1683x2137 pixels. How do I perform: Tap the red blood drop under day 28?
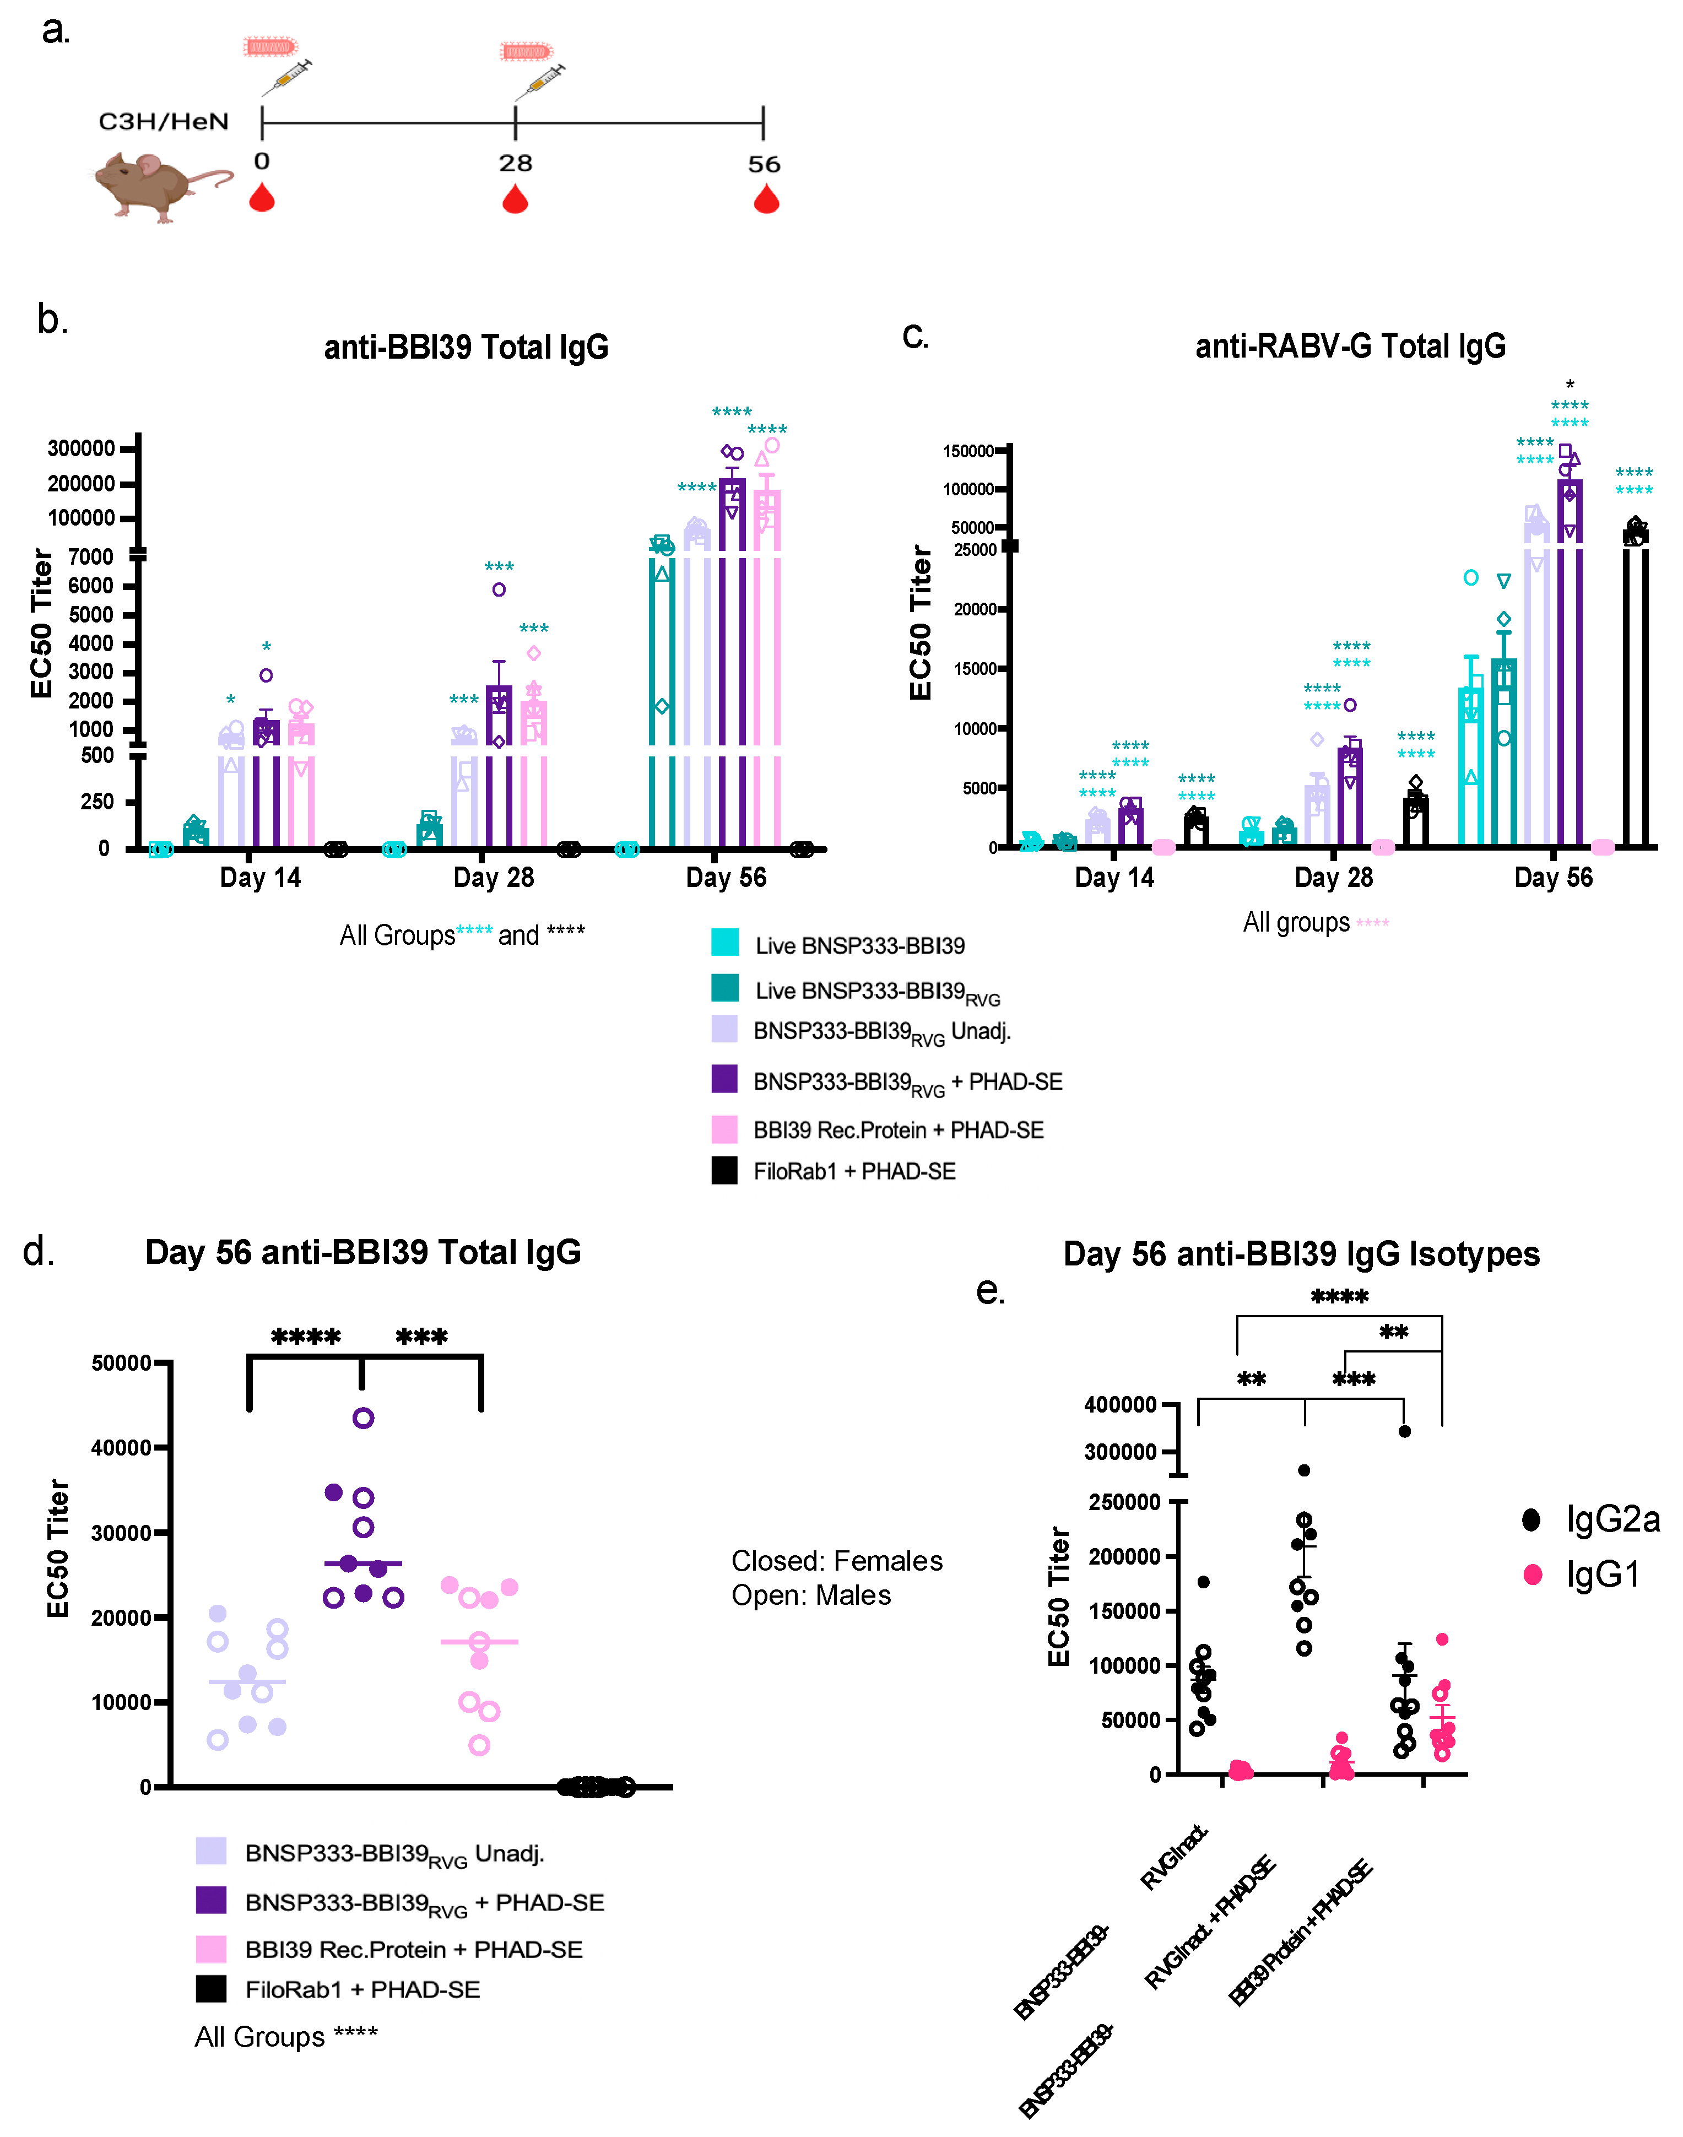515,200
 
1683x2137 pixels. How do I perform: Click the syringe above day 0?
286,77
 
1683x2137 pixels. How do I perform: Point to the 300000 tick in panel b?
82,448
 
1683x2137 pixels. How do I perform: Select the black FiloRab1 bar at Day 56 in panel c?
1635,690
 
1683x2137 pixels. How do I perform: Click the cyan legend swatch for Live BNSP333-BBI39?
725,943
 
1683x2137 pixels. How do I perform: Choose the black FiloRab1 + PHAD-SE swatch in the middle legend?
725,1171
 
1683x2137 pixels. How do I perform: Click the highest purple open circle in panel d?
362,1418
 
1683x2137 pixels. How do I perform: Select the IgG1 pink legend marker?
1532,1575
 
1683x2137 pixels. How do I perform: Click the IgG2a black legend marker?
1532,1520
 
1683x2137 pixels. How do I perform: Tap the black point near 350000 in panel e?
1404,1432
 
